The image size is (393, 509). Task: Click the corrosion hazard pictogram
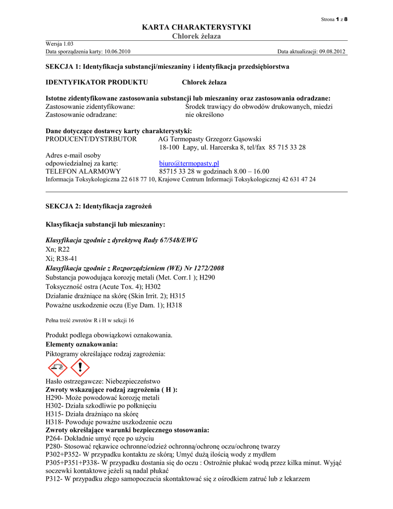(57, 368)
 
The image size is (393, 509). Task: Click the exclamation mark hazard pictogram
(79, 368)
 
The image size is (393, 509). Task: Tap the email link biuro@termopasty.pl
(189, 164)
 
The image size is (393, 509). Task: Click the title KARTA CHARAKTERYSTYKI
(196, 27)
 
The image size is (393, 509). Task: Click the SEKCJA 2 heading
(99, 206)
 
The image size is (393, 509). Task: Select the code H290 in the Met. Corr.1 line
(207, 277)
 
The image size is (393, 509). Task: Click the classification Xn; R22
(58, 250)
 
